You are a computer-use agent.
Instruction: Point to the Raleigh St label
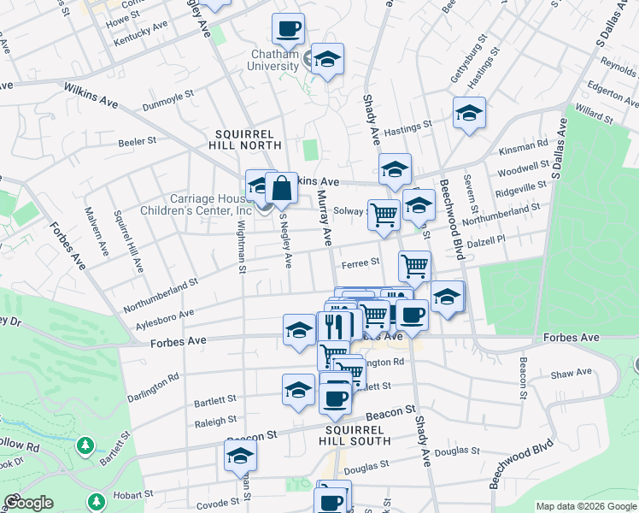coord(215,422)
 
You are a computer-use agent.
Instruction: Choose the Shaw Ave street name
coord(572,373)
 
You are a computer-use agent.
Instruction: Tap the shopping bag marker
coord(281,187)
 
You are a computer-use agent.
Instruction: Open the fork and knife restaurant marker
coord(336,326)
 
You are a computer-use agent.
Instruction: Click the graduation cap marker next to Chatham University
coord(326,60)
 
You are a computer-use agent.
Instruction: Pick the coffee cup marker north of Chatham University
coord(288,28)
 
